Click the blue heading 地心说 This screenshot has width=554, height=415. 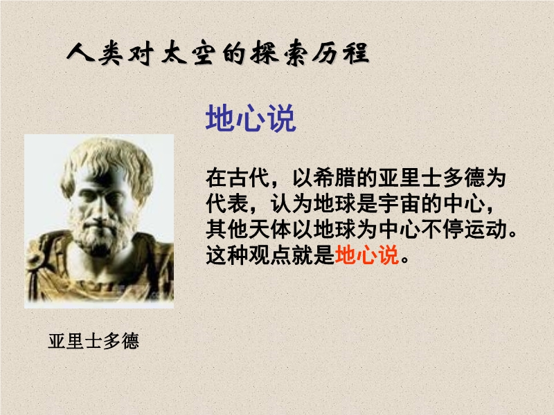pyautogui.click(x=251, y=118)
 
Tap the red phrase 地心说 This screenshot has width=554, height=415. pyautogui.click(x=367, y=255)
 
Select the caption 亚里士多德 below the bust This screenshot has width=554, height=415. pyautogui.click(x=93, y=341)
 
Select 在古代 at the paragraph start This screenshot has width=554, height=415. pyautogui.click(x=238, y=178)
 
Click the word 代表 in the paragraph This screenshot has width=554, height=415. pyautogui.click(x=227, y=203)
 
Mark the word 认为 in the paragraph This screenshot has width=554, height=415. pyautogui.click(x=292, y=203)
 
